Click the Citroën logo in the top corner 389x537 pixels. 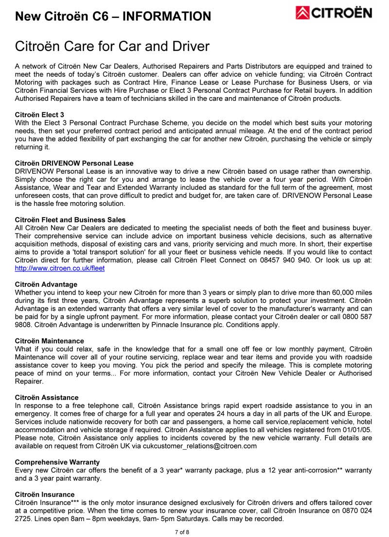[334, 14]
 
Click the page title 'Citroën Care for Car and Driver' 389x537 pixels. [112, 47]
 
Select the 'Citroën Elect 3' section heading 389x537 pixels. [39, 115]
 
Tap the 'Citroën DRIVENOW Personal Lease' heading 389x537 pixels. [74, 163]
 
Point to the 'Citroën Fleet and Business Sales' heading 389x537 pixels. [70, 220]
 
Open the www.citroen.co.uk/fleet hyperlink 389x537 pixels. [60, 268]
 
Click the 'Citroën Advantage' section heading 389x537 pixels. [46, 284]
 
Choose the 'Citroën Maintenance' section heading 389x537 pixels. [49, 341]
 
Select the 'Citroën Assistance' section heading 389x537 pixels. [47, 398]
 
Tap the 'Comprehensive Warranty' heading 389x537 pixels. [57, 462]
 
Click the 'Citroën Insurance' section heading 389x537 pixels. [45, 495]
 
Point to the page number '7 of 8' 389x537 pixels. [182, 532]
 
